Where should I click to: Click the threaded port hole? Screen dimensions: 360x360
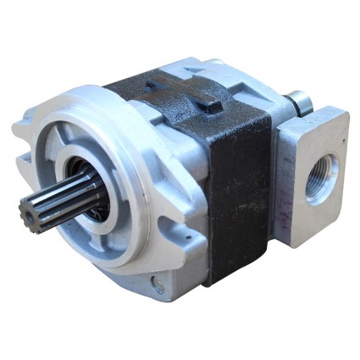[x=321, y=177]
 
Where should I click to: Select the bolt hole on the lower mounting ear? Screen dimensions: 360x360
[x=157, y=286]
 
